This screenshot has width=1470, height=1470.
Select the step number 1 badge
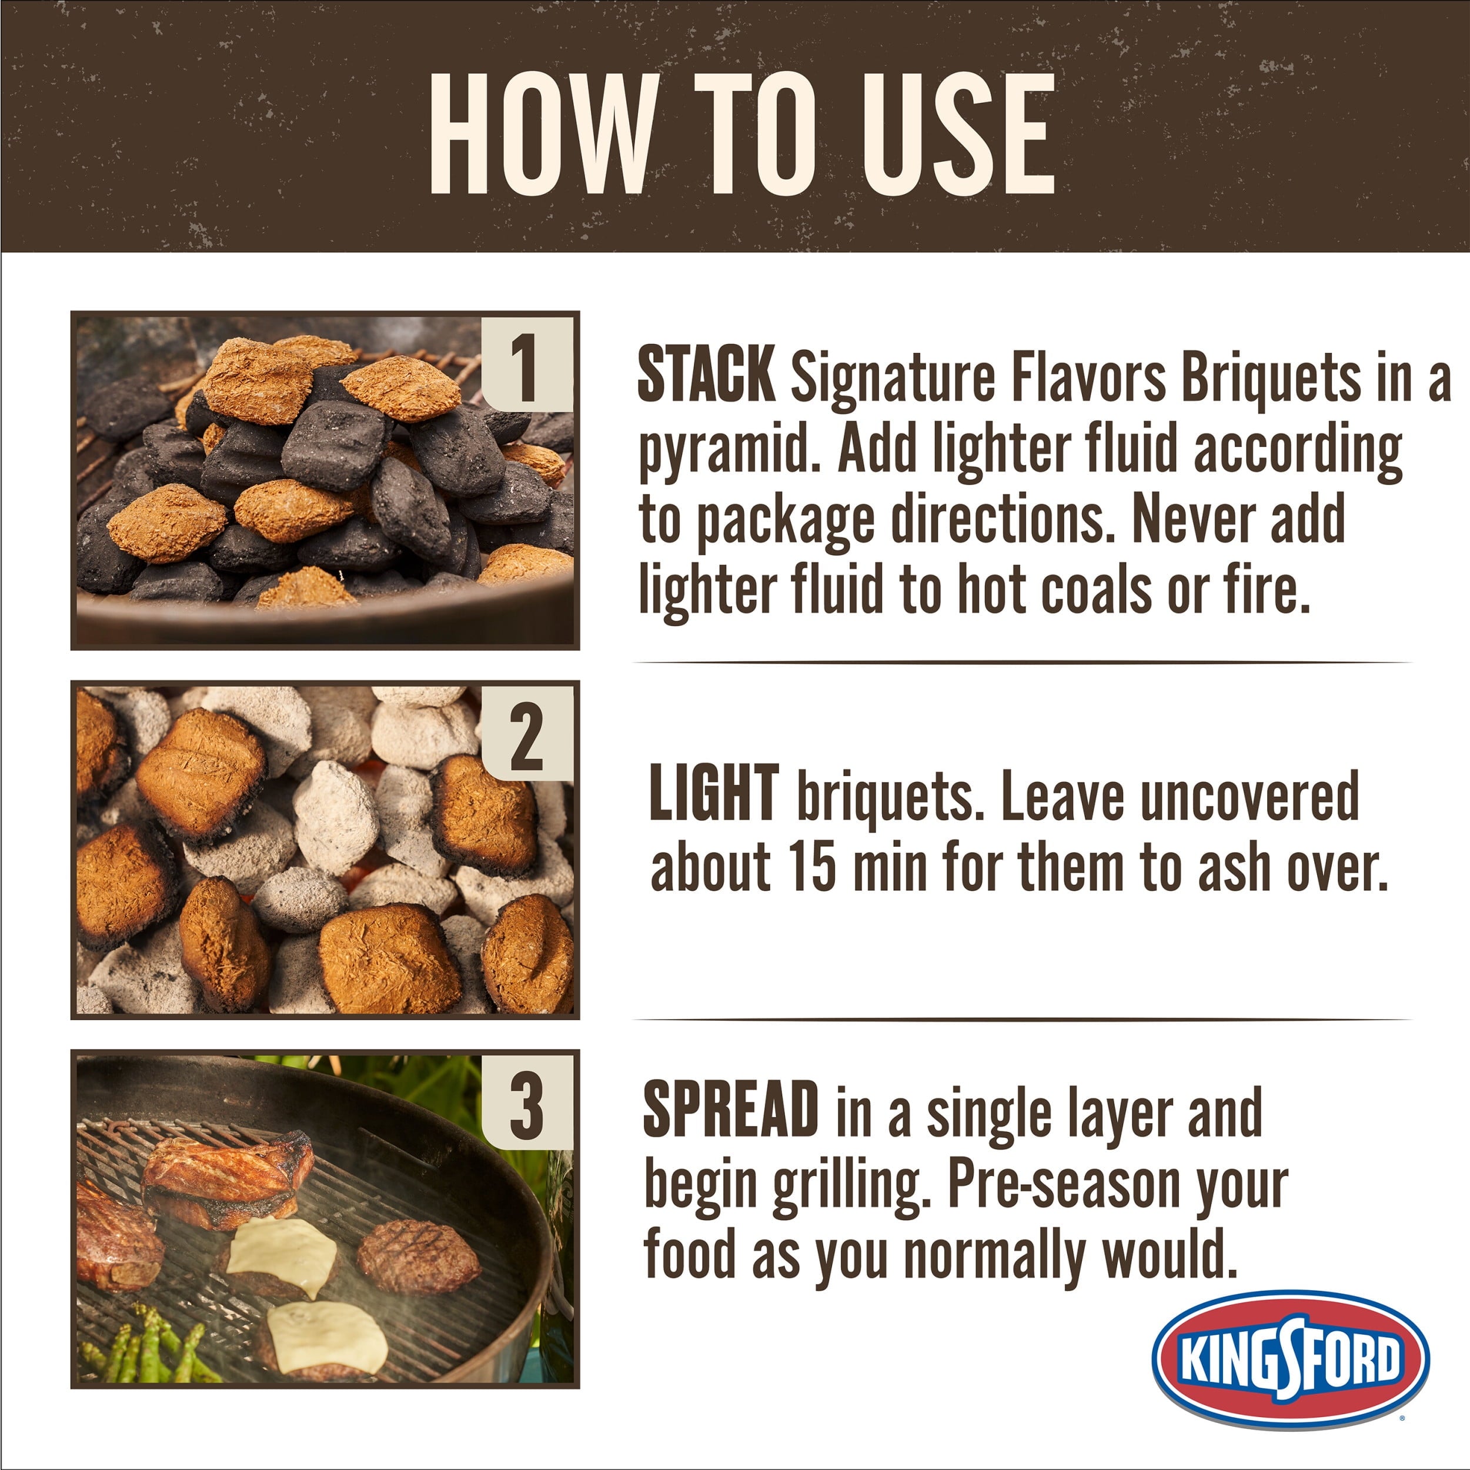click(526, 365)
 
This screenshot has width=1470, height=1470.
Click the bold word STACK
click(706, 375)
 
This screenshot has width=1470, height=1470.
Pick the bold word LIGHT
click(714, 794)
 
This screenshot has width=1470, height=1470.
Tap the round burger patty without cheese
click(417, 1256)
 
